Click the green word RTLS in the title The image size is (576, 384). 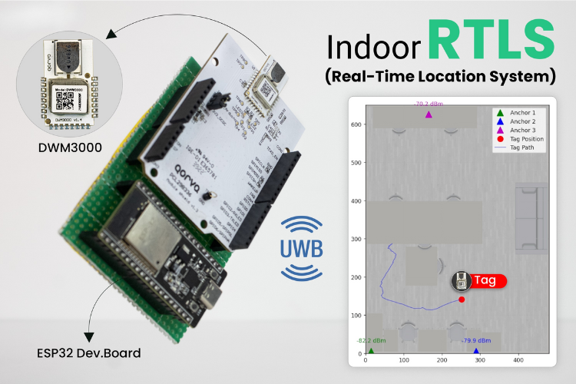click(x=492, y=41)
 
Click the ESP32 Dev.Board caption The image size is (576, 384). click(x=84, y=353)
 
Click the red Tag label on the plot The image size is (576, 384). click(x=485, y=280)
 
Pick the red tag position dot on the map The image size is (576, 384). click(x=462, y=299)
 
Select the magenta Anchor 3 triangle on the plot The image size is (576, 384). click(x=429, y=115)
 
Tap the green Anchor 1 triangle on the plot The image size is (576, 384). click(x=371, y=351)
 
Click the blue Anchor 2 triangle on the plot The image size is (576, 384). click(x=476, y=351)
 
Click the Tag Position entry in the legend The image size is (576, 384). click(x=531, y=139)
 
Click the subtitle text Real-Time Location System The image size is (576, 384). click(x=439, y=77)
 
